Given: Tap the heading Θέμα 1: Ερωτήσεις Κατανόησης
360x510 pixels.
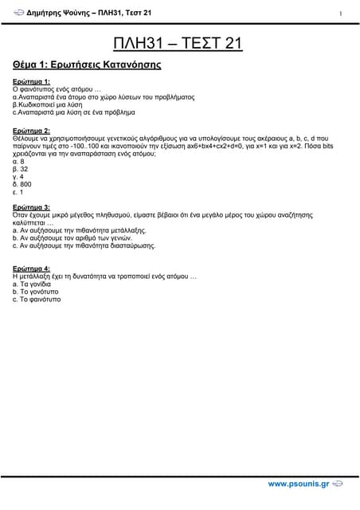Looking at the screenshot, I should [87, 64].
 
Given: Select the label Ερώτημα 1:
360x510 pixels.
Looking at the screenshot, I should [31, 81].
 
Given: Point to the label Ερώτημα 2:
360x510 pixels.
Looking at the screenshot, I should [31, 130].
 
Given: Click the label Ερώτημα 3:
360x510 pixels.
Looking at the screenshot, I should [31, 206].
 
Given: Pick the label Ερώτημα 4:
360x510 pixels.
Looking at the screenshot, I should [31, 268].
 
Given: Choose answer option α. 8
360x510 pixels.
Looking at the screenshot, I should [19, 161].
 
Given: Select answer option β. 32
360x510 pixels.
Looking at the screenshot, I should [21, 169].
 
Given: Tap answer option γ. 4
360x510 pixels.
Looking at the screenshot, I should [19, 176].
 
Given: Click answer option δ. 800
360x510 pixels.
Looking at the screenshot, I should [22, 184].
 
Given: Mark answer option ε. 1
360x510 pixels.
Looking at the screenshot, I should [18, 192].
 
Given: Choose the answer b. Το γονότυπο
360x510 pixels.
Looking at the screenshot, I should [37, 292].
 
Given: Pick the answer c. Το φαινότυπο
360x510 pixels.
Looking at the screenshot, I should [37, 300].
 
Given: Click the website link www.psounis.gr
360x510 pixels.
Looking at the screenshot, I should [298, 484].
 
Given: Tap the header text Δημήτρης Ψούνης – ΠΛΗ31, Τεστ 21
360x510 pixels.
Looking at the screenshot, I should [88, 14].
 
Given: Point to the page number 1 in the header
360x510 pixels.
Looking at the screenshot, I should [341, 14].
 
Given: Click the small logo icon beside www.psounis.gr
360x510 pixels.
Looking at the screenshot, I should [338, 484].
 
